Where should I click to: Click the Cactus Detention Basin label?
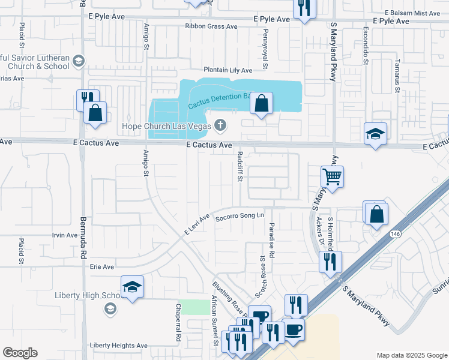[218, 100]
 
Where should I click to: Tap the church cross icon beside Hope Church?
[220, 125]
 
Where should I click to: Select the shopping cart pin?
[332, 176]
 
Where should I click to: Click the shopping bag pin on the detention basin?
[261, 104]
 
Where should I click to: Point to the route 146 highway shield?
[397, 235]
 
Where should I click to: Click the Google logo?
[20, 353]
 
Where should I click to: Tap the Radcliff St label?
[239, 166]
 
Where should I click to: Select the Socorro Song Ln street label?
[240, 215]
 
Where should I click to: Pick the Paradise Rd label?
[271, 232]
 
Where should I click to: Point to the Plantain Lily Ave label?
[228, 70]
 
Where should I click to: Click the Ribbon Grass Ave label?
[212, 26]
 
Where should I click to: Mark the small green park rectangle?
[192, 307]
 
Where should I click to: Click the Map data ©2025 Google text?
[411, 355]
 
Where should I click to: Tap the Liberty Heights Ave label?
[118, 346]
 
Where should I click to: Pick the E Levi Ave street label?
[196, 224]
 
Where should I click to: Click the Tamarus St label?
[397, 76]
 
